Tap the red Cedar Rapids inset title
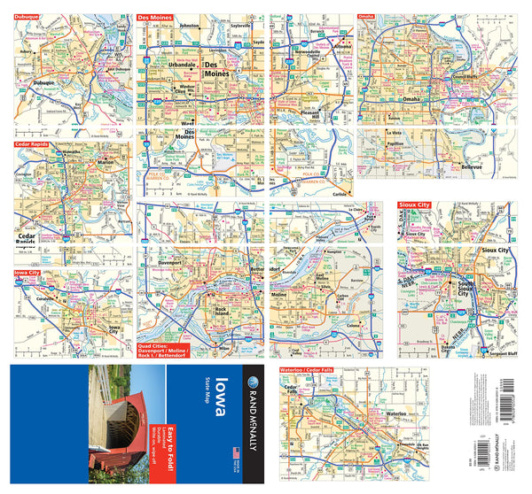[32, 143]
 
